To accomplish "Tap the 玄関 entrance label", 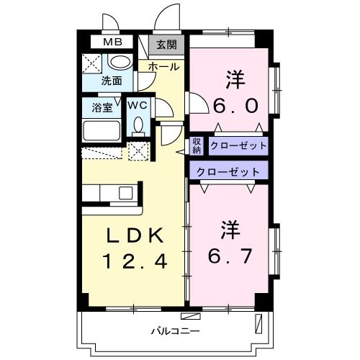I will coord(166,45).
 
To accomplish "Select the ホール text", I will coord(163,66).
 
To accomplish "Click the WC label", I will coord(138,106).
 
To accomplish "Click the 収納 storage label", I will coord(197,145).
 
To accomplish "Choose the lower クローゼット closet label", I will coord(226,171).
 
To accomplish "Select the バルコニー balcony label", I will coord(170,332).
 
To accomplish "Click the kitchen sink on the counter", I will coord(126,193).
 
